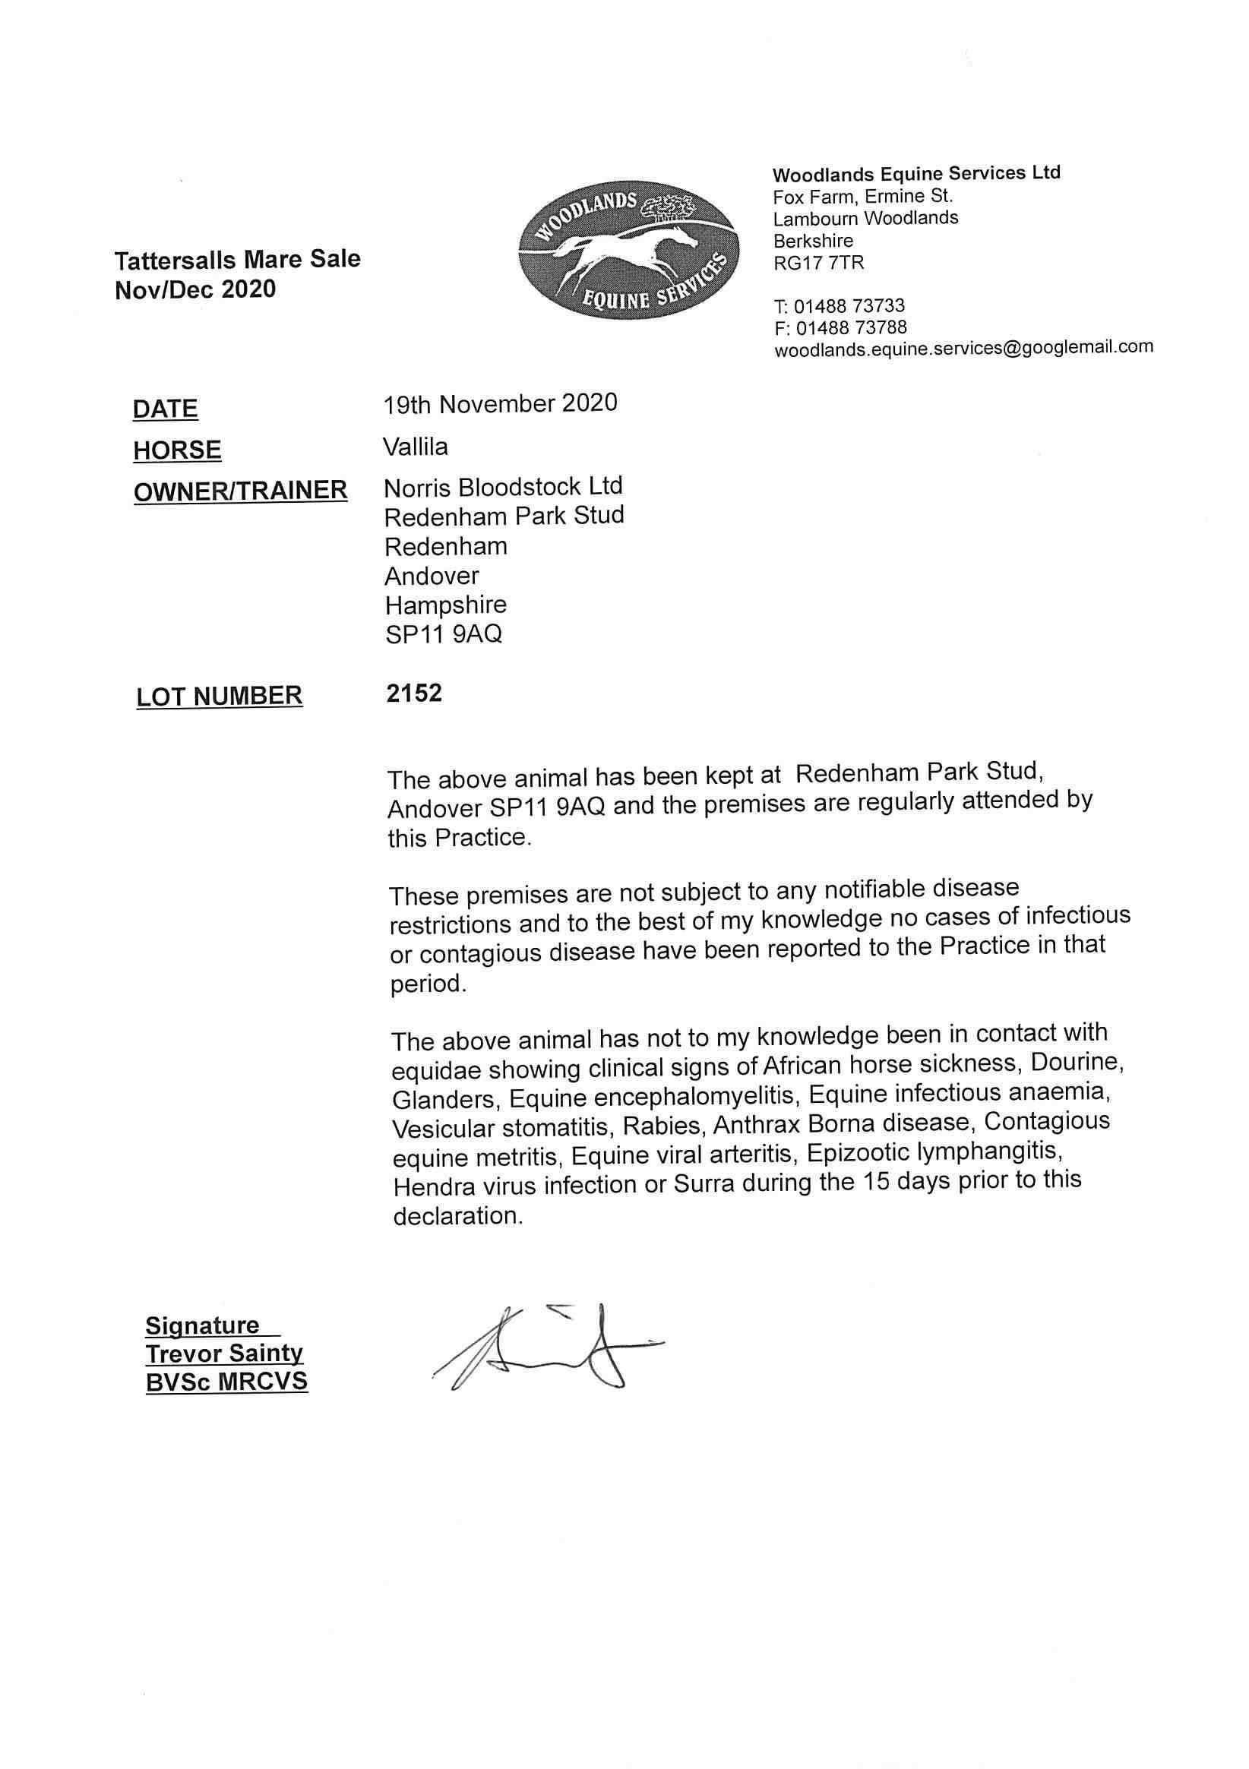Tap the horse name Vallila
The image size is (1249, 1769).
click(416, 446)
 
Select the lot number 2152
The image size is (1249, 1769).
click(415, 693)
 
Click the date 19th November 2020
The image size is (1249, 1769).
click(501, 403)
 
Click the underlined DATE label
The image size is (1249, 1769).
click(165, 409)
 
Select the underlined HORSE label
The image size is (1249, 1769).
click(177, 450)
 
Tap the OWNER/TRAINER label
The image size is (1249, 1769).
click(240, 490)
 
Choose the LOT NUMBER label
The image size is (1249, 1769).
click(220, 696)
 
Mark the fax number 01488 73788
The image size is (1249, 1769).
click(851, 327)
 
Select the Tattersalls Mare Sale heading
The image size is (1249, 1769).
click(237, 260)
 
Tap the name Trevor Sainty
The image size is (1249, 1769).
click(224, 1353)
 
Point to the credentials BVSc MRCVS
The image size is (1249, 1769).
click(226, 1381)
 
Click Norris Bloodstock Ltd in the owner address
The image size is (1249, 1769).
click(503, 486)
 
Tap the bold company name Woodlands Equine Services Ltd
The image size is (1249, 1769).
click(916, 174)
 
